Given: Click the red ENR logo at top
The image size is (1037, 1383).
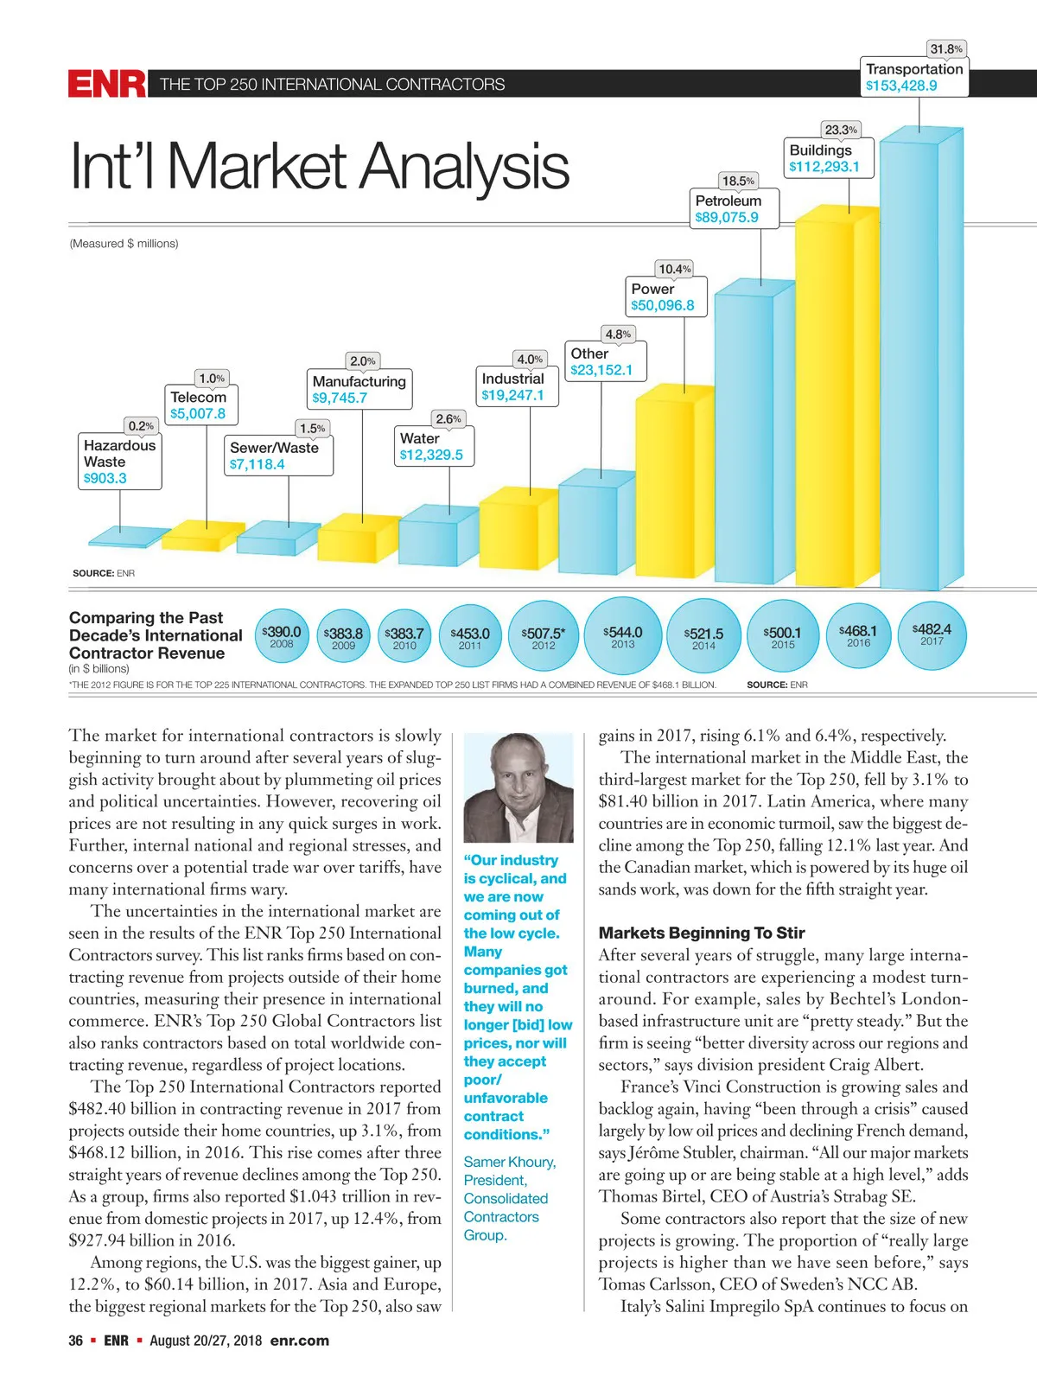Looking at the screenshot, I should (x=106, y=84).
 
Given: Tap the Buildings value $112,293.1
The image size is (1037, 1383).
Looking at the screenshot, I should (x=824, y=167).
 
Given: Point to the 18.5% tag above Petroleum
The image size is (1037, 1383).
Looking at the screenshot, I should (x=738, y=181).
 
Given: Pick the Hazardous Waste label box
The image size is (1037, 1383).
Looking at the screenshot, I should (x=119, y=462).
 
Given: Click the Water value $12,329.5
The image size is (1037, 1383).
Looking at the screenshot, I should (x=431, y=455).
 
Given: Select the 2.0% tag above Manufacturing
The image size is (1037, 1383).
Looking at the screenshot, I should (x=363, y=360).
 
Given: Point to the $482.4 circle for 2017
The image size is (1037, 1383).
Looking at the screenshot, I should (x=932, y=634).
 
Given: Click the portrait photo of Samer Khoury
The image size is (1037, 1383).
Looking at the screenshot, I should (x=518, y=787).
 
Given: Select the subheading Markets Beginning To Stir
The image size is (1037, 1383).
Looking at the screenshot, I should (x=701, y=933).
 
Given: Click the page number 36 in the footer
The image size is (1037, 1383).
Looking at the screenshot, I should (x=76, y=1341).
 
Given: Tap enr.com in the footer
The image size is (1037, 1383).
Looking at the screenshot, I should (x=299, y=1341).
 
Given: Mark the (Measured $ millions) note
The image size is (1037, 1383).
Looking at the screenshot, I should (x=124, y=244).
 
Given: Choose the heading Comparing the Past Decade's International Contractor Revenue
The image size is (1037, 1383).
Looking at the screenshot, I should (x=156, y=635).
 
